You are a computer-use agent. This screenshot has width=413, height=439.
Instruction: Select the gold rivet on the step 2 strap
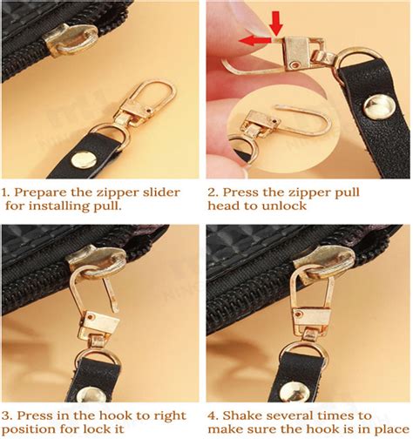click(379, 110)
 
